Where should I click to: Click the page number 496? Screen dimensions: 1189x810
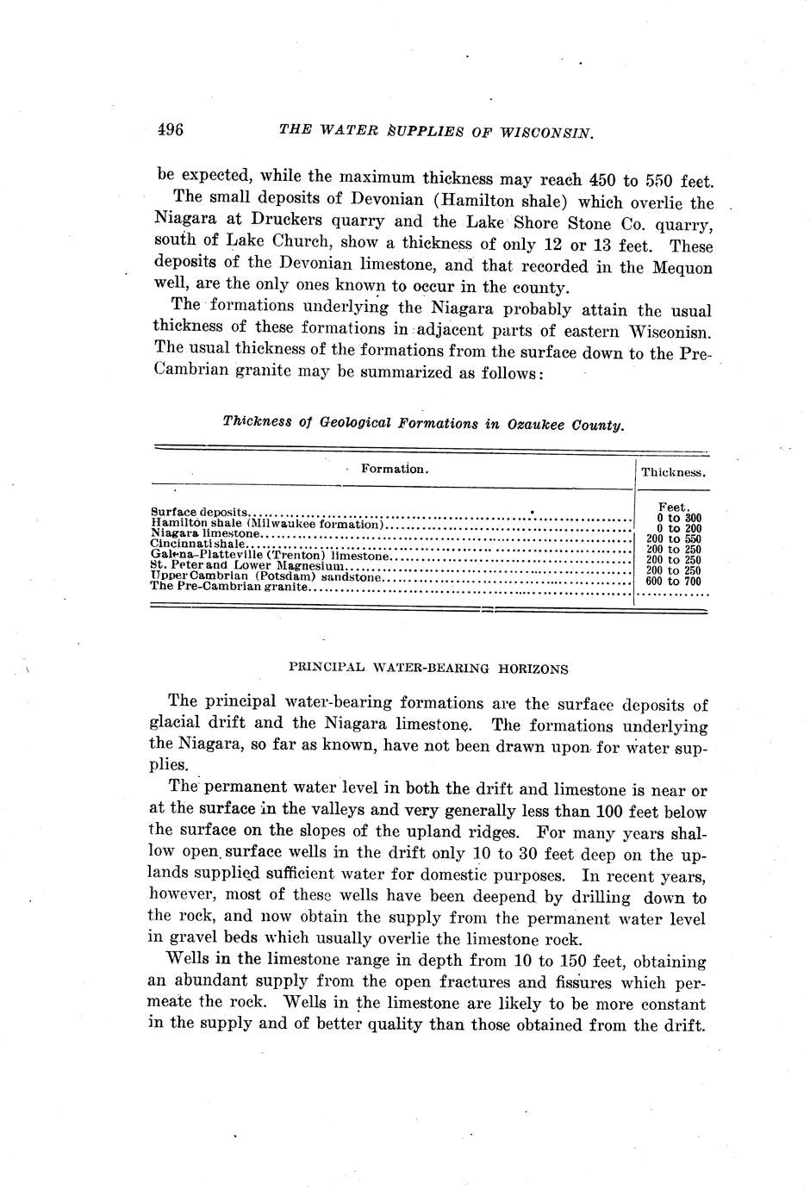[171, 130]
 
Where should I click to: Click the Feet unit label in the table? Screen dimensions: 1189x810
[672, 507]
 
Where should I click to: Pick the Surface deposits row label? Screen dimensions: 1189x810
[199, 512]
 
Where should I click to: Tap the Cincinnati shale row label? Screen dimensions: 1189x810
[199, 545]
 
